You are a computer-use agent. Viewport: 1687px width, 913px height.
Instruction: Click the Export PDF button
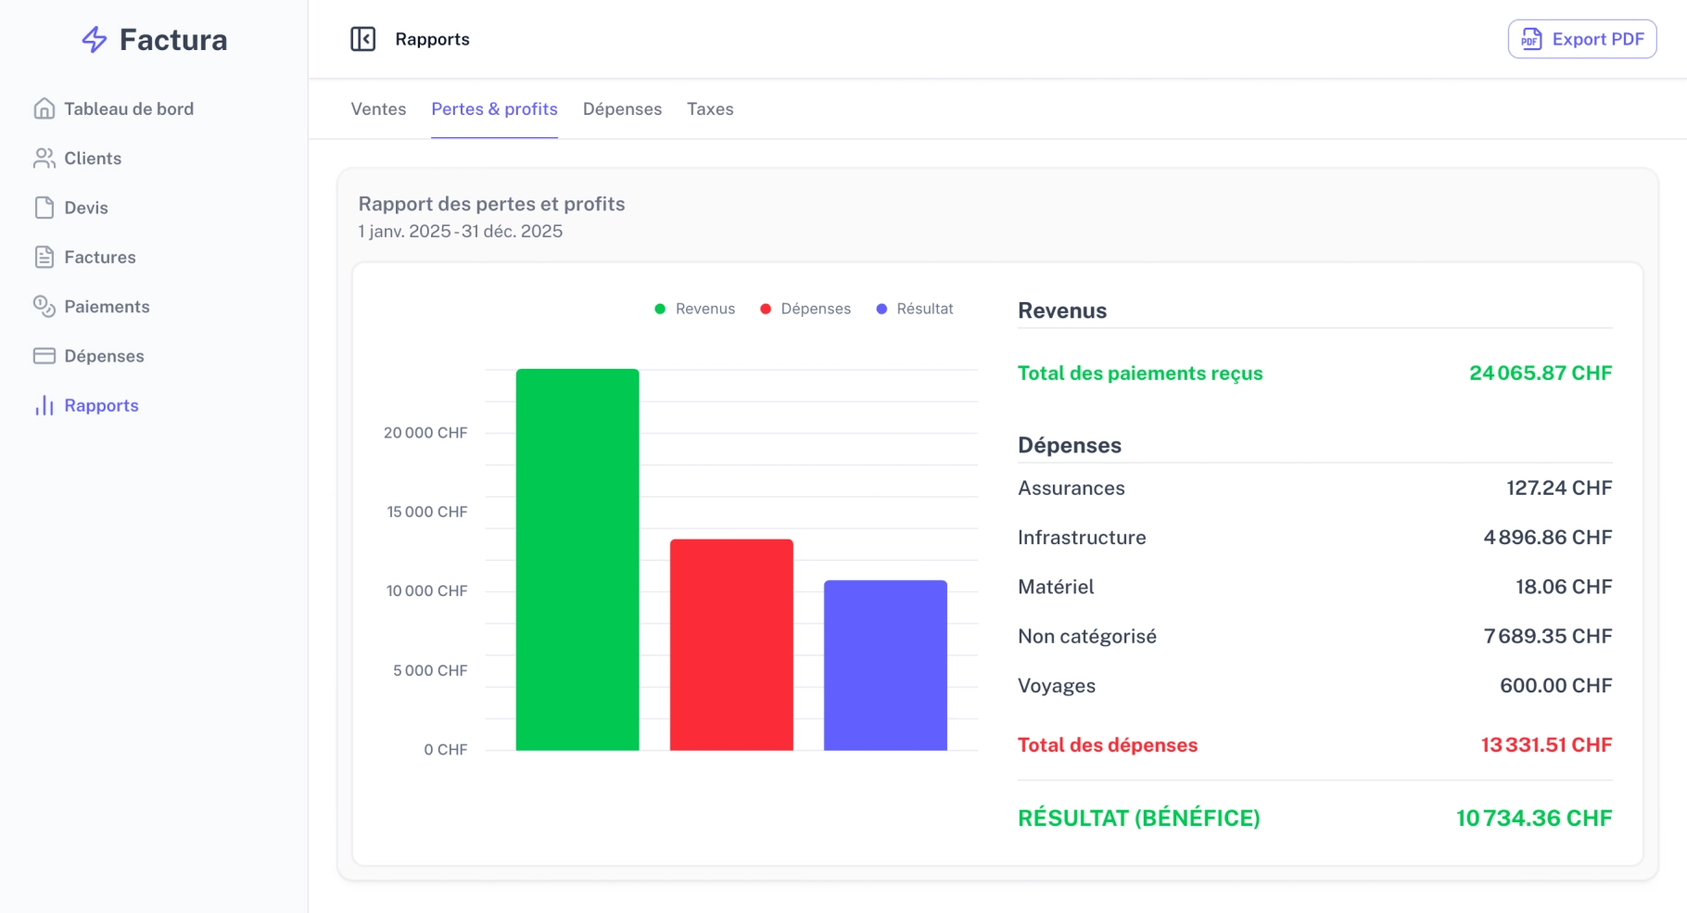[1582, 39]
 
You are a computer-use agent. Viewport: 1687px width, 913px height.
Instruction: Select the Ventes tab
[378, 109]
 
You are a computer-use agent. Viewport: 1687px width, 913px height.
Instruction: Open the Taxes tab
[710, 109]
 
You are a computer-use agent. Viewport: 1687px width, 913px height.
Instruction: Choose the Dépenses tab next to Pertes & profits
[622, 109]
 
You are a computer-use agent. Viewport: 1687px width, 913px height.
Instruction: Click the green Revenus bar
[577, 560]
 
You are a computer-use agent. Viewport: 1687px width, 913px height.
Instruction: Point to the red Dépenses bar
[731, 645]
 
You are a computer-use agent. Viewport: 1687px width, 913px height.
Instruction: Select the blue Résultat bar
[885, 666]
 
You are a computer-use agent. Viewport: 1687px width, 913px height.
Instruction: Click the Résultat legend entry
[915, 309]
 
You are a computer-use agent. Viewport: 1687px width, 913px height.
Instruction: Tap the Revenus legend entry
[695, 309]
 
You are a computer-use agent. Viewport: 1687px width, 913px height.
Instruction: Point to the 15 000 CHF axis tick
[427, 512]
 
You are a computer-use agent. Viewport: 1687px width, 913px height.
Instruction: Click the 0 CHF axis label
[446, 750]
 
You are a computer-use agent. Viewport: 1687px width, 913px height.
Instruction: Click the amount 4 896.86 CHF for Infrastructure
[1548, 538]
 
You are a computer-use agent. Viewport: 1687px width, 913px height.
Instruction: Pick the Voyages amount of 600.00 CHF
[1556, 686]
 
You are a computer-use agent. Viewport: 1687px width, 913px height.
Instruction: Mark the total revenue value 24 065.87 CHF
[1541, 373]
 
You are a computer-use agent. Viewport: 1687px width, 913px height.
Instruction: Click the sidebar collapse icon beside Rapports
[363, 39]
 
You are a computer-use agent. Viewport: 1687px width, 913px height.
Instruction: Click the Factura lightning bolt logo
[95, 40]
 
